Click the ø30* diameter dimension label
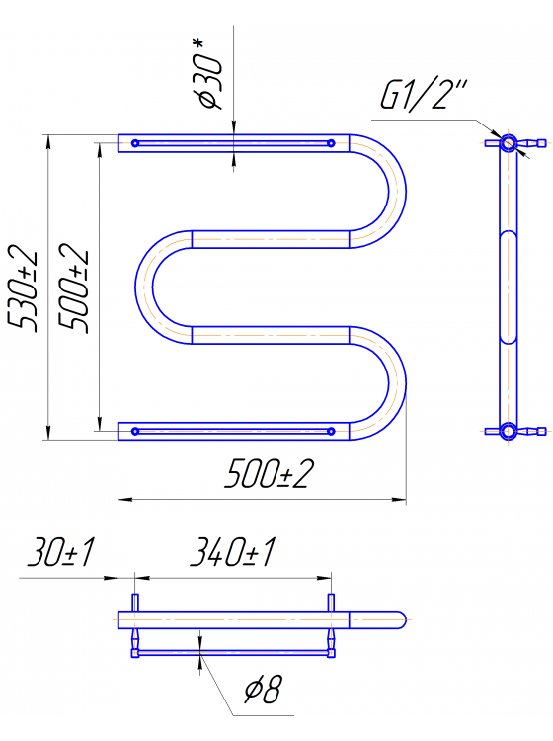(209, 74)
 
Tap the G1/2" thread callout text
(424, 96)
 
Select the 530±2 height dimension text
(22, 288)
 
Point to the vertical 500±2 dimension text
(73, 288)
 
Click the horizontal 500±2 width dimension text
(270, 474)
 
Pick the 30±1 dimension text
(60, 552)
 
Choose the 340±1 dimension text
(232, 552)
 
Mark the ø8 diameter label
(263, 690)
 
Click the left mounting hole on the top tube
(135, 143)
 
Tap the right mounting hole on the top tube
(331, 143)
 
